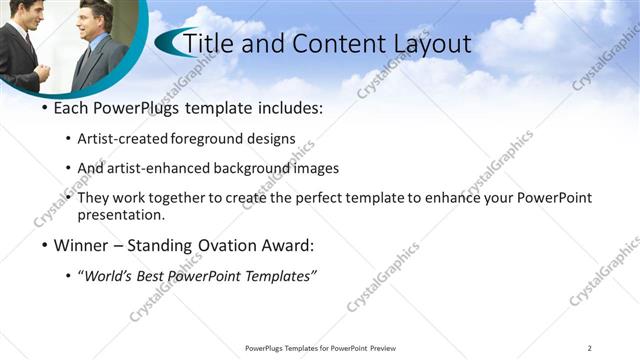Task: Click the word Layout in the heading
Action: point(427,44)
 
